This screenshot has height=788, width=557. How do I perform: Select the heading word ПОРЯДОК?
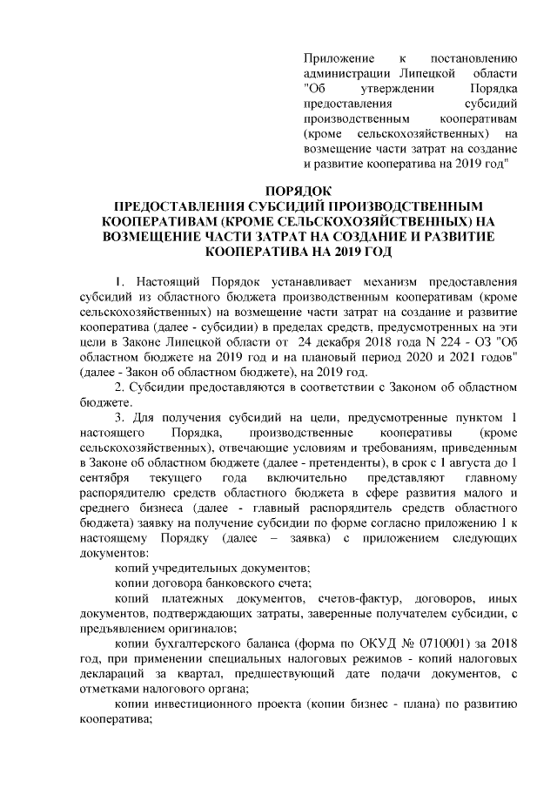(x=298, y=191)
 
